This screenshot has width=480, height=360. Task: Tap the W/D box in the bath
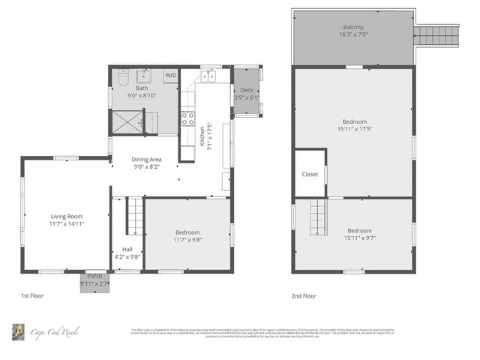[171, 75]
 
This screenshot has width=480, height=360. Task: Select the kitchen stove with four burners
[188, 118]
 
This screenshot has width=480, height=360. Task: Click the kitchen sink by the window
[208, 76]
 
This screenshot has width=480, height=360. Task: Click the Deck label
[247, 90]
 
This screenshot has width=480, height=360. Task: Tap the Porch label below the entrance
[94, 275]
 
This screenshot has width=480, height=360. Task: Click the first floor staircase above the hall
[134, 216]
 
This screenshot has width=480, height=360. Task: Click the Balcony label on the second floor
[353, 27]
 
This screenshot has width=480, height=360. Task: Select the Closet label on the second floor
[310, 174]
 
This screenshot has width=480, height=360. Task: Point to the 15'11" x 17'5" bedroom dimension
[355, 129]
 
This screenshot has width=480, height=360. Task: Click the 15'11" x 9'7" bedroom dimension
[359, 238]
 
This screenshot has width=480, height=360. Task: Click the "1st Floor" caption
[32, 295]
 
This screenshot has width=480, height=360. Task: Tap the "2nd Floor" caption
[304, 295]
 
